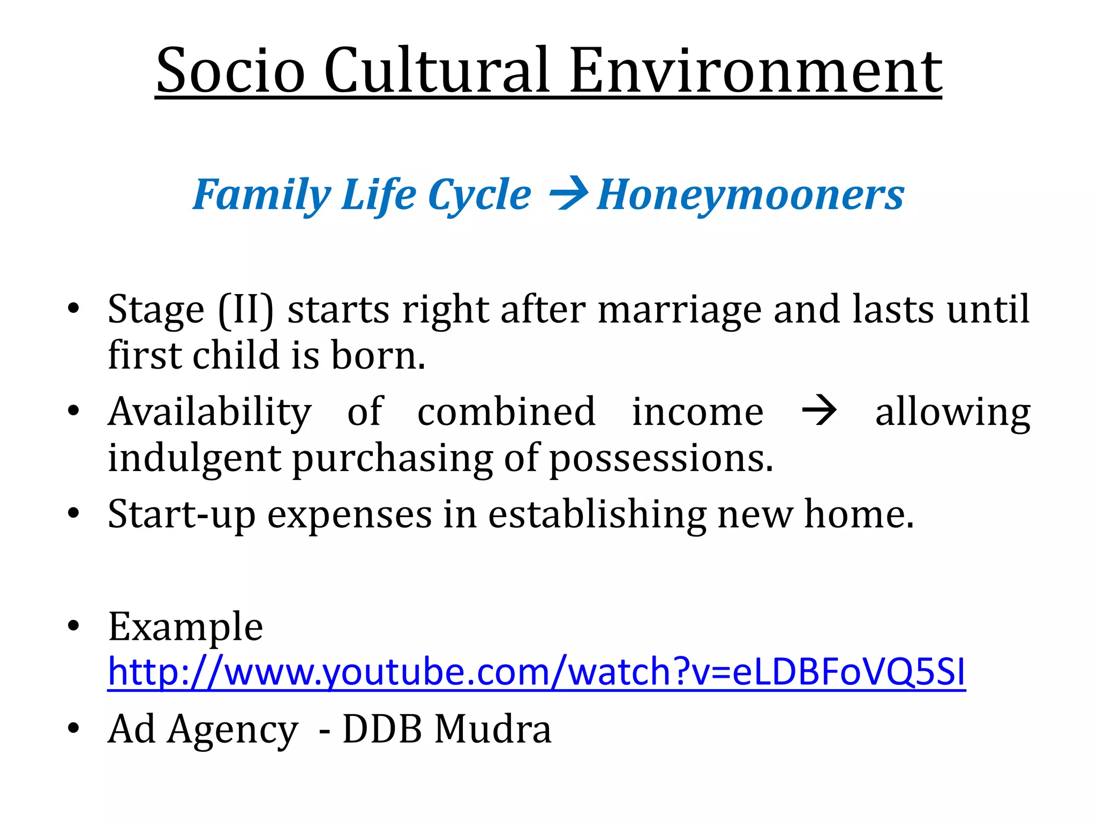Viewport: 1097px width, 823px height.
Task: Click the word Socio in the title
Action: [x=231, y=71]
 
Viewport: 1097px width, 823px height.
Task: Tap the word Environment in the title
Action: [x=755, y=71]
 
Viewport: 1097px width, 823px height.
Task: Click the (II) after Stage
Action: [x=246, y=310]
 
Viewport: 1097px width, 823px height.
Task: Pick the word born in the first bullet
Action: [x=378, y=356]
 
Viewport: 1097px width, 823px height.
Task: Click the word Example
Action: [x=185, y=627]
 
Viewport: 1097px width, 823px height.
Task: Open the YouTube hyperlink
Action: [x=536, y=672]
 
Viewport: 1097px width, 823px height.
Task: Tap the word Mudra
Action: [x=492, y=730]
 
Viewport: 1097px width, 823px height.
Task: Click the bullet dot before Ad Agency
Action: [x=73, y=729]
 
